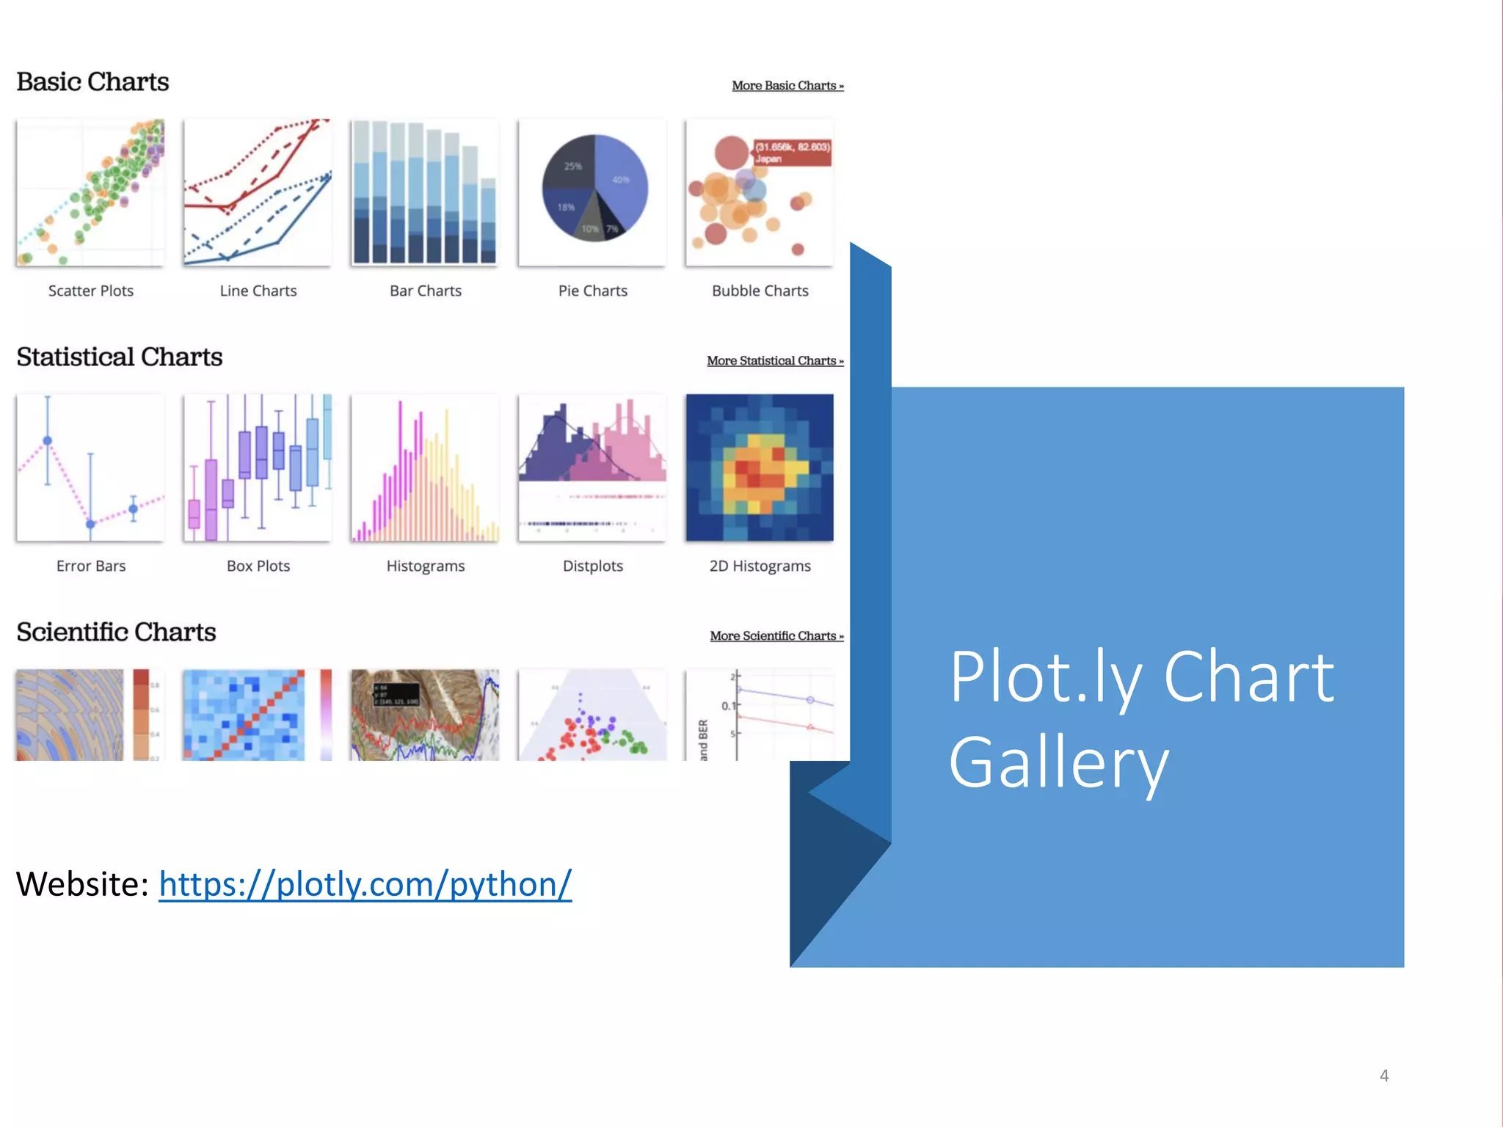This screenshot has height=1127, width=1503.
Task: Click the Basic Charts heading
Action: pos(92,81)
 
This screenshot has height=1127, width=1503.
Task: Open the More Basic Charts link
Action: pos(787,86)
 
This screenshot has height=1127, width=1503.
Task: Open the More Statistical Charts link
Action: pos(774,361)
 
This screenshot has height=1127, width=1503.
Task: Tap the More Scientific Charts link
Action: pos(776,636)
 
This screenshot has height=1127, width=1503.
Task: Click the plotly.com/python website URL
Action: pos(365,884)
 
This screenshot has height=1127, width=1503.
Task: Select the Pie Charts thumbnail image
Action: pos(592,192)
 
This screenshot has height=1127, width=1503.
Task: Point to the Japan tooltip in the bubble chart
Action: pos(793,152)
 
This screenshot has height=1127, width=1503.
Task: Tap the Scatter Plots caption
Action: pos(91,291)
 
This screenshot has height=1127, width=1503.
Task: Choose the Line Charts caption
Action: pos(258,291)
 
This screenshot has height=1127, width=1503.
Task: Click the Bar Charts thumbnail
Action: pos(424,192)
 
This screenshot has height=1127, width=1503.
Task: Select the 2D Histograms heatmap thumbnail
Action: pos(760,467)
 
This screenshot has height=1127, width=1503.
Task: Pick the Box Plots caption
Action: pos(258,566)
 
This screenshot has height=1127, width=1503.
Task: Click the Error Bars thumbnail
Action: pos(90,467)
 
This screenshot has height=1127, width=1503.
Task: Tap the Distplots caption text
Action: pos(592,566)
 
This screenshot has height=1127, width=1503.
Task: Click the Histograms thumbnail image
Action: pos(424,467)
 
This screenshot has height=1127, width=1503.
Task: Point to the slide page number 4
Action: pos(1384,1076)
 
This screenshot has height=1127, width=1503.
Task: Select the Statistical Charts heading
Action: pos(119,357)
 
